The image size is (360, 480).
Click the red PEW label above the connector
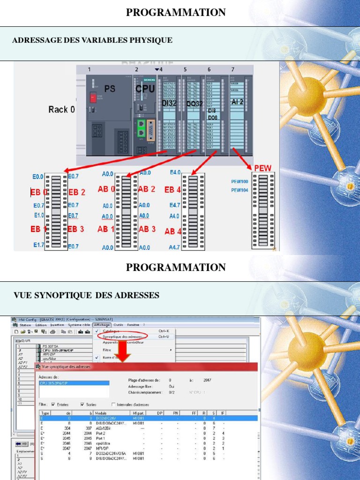[263, 168]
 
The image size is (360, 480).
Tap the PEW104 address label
[240, 190]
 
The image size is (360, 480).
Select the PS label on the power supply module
[110, 88]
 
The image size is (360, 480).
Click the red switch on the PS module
[93, 97]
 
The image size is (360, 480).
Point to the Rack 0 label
[61, 110]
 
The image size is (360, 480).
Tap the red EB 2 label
[77, 192]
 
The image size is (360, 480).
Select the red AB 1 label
[106, 229]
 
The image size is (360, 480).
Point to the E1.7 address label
[38, 245]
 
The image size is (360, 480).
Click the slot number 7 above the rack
[232, 70]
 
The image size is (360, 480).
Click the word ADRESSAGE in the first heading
[33, 40]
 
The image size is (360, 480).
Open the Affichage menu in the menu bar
[101, 325]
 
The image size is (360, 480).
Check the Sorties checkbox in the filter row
[82, 404]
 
